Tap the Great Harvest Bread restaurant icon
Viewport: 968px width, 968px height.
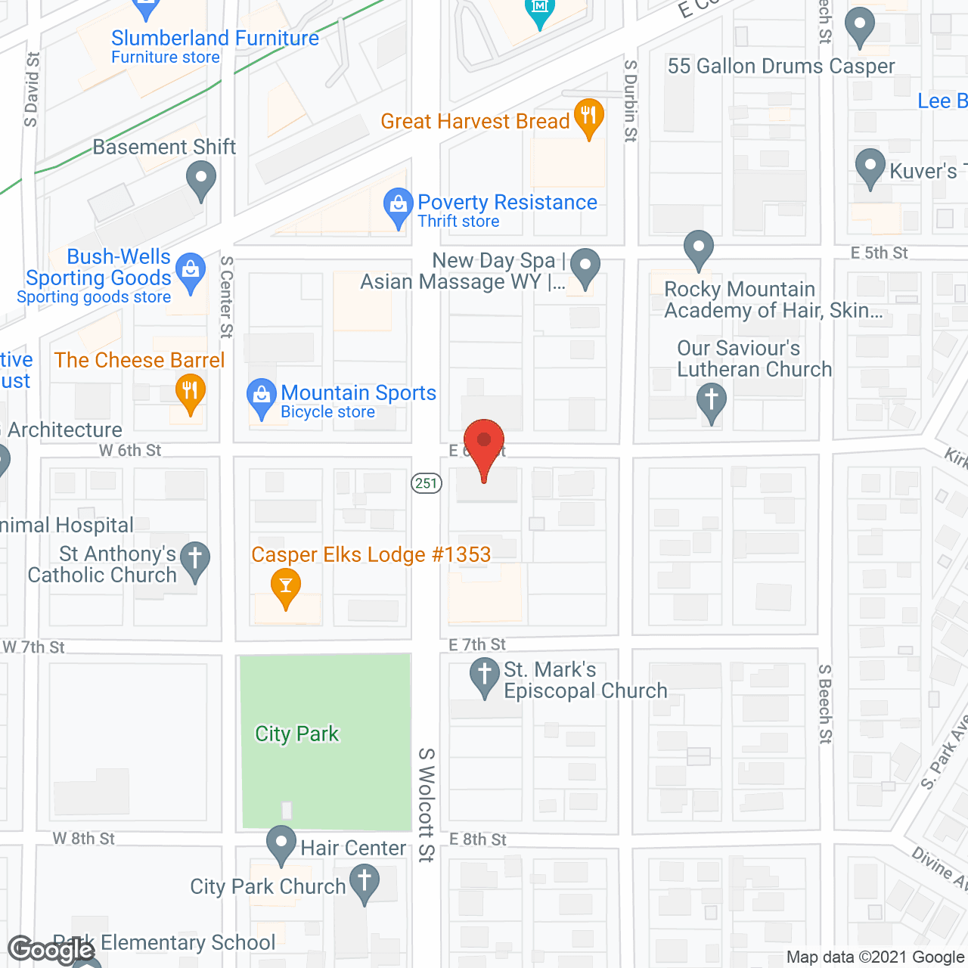click(588, 118)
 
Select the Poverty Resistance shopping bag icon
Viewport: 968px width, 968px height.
click(398, 206)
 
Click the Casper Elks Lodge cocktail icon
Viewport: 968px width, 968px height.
click(286, 587)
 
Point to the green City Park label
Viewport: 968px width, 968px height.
click(297, 734)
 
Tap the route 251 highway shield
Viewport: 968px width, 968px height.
click(427, 483)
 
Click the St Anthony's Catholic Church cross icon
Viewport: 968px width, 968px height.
click(195, 560)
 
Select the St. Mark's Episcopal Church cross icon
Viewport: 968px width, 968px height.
click(484, 676)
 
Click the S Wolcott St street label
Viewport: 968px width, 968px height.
click(427, 805)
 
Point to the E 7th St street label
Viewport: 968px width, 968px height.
click(477, 644)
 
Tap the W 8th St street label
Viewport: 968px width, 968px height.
click(84, 839)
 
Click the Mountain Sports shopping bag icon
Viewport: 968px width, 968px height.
click(262, 397)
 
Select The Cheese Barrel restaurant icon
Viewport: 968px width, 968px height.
click(190, 392)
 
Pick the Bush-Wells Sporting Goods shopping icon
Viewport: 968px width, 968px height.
click(191, 271)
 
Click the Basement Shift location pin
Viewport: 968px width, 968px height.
click(201, 181)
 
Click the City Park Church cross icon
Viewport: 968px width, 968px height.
click(365, 883)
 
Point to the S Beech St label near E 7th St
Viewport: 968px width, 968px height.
click(825, 704)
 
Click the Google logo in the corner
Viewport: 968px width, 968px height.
click(51, 949)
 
